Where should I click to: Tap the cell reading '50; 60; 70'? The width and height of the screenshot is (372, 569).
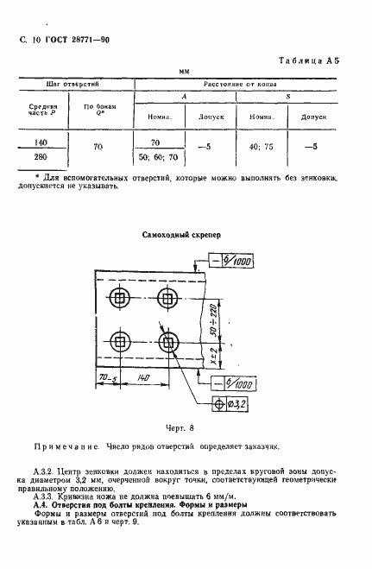[x=155, y=158]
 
